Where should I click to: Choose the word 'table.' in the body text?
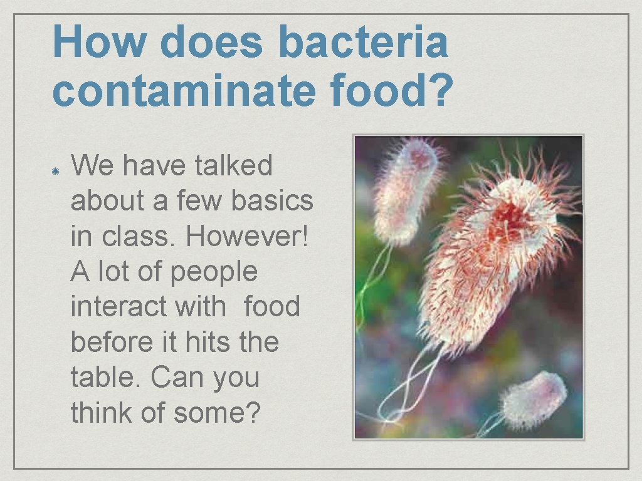pos(106,378)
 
